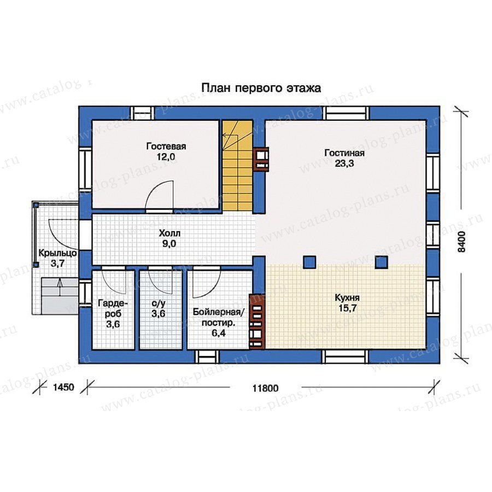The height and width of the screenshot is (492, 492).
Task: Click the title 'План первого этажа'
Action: [x=261, y=88]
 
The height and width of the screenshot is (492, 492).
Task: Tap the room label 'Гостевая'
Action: [x=166, y=147]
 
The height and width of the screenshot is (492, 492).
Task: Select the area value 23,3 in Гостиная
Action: [x=344, y=163]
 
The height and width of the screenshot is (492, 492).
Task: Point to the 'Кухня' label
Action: [x=347, y=297]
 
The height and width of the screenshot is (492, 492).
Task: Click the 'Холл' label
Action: [x=169, y=233]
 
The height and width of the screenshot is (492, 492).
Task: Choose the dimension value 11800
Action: [x=266, y=388]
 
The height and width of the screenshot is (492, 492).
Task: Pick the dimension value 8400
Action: [x=461, y=242]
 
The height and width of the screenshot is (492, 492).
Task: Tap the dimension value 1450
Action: [x=64, y=387]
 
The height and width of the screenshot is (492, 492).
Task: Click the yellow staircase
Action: [x=238, y=165]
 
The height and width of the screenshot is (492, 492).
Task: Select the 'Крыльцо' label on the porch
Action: [x=58, y=253]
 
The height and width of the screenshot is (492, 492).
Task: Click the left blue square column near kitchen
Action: [x=309, y=262]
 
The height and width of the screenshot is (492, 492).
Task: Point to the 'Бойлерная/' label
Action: [x=218, y=312]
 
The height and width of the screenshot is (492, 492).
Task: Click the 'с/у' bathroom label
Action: [x=159, y=304]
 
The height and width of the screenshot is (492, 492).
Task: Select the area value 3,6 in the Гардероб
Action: [x=113, y=324]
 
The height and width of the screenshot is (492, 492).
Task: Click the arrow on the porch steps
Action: [x=60, y=287]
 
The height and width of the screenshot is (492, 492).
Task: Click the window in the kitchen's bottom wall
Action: [x=345, y=356]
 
